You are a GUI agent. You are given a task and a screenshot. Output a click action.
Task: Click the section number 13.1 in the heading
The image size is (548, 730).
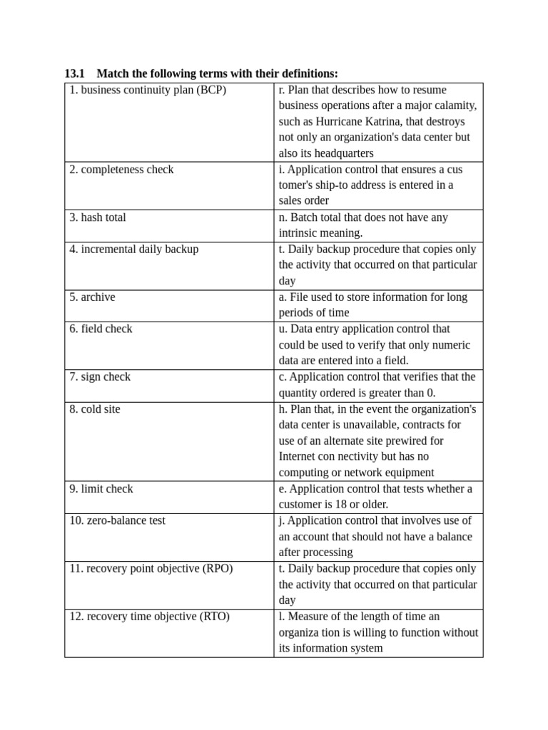click(74, 73)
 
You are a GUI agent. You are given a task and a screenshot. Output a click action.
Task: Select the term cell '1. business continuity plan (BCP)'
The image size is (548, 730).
click(148, 91)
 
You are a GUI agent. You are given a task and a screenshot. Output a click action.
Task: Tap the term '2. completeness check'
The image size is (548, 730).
click(121, 170)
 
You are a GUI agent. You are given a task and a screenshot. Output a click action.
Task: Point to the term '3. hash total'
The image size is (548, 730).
click(98, 217)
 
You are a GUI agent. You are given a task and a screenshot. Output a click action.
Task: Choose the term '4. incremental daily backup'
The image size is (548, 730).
click(134, 250)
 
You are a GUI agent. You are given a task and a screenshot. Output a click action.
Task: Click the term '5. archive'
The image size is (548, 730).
click(92, 297)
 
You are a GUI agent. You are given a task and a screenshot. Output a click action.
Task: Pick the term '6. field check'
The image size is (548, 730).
click(101, 329)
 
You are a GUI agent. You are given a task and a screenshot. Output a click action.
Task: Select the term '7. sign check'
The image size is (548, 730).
click(100, 376)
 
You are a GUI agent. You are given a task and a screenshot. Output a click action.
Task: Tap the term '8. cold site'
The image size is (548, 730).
click(95, 409)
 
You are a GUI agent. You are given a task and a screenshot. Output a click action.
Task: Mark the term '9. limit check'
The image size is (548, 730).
click(101, 489)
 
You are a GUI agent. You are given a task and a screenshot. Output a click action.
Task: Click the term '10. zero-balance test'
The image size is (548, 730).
click(117, 520)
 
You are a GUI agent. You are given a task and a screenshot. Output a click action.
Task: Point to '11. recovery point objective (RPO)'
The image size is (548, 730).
click(151, 568)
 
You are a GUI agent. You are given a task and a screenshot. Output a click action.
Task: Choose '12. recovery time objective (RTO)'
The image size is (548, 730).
click(149, 616)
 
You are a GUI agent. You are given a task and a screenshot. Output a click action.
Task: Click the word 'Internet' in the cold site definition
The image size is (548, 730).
click(298, 456)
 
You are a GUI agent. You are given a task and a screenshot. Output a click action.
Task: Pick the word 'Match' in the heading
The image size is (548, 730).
click(112, 73)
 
